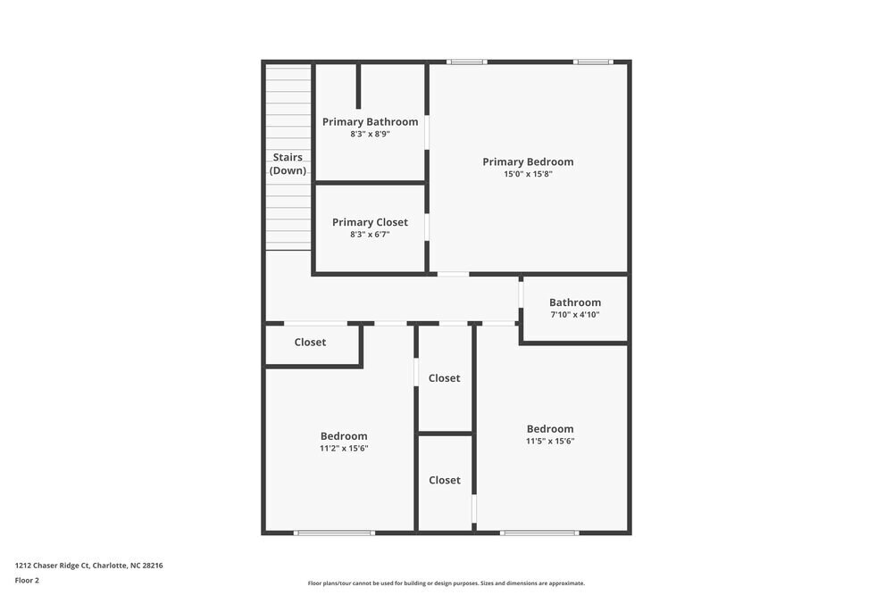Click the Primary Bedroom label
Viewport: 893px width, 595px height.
click(528, 161)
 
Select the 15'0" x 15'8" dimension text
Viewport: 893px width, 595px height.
click(528, 175)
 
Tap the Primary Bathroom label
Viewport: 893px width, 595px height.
click(370, 121)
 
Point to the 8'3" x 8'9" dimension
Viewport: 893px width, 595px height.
click(370, 134)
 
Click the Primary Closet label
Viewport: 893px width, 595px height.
click(370, 222)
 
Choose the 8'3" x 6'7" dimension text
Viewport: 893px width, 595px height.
click(370, 235)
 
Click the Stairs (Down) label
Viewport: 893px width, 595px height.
click(288, 163)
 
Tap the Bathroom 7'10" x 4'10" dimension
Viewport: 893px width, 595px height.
click(574, 314)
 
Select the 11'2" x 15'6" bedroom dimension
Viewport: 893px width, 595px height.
click(344, 449)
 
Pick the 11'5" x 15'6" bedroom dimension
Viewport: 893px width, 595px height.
click(550, 441)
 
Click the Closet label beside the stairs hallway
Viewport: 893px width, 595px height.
click(310, 342)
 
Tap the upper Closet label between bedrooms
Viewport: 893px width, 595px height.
click(444, 378)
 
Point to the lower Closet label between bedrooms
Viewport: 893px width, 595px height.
click(444, 480)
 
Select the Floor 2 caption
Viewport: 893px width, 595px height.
click(27, 580)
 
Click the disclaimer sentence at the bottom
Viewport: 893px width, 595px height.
click(446, 583)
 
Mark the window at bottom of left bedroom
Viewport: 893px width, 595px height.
click(334, 533)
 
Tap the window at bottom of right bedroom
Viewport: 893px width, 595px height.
click(539, 533)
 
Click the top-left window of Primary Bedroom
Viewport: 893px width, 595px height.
click(467, 62)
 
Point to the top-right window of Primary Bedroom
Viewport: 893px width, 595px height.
click(593, 62)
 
